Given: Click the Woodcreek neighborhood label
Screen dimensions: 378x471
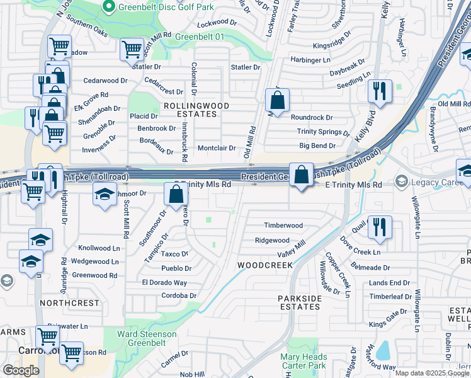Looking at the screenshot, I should click(x=264, y=265).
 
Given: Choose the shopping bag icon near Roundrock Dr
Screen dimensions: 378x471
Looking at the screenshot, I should click(x=277, y=100).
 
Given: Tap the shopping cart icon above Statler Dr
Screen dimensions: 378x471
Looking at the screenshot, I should click(x=132, y=49).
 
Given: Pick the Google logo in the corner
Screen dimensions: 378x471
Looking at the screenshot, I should click(x=21, y=370).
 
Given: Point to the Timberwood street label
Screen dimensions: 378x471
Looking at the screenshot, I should click(x=283, y=226).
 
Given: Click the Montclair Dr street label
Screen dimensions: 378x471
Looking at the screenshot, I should click(x=217, y=148).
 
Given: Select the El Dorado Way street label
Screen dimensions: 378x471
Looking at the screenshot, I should click(x=164, y=283).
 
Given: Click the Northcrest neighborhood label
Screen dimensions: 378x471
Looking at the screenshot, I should click(x=69, y=303).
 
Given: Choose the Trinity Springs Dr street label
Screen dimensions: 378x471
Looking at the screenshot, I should click(x=323, y=132).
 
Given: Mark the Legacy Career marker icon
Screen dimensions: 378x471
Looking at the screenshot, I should click(x=401, y=183).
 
